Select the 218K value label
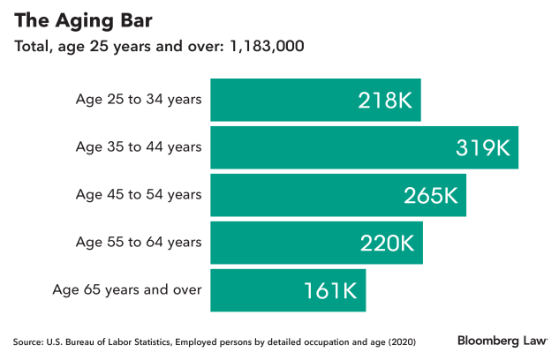point(384,100)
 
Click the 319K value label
point(482,147)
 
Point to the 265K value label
point(430,195)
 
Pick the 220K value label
point(387,243)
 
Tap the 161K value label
point(330,289)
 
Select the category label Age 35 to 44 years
point(139,146)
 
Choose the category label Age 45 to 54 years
point(139,194)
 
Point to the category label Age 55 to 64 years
point(139,242)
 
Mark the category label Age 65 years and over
point(127,289)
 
